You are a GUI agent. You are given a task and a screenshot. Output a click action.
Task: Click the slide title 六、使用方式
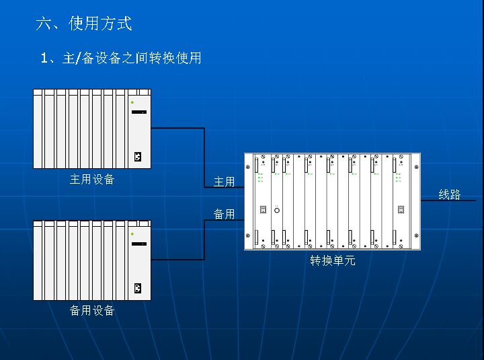point(84,24)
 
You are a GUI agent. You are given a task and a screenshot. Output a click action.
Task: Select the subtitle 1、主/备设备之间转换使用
point(121,58)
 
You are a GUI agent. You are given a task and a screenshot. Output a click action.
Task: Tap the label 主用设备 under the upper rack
point(92,180)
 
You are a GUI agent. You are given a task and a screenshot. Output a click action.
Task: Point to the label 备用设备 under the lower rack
point(92,310)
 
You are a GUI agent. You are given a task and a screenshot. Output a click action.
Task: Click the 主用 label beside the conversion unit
point(224,182)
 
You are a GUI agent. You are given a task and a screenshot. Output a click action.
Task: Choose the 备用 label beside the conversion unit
point(224,214)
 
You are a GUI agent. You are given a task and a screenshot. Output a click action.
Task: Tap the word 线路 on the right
point(450,194)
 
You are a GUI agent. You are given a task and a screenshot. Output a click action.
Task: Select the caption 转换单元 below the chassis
point(332,260)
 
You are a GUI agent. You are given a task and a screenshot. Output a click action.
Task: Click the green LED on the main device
point(132,102)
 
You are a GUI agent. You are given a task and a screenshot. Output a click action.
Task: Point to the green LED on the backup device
point(132,233)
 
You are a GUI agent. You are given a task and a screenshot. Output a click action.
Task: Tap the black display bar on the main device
point(139,112)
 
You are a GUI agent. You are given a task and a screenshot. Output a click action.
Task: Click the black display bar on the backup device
point(139,243)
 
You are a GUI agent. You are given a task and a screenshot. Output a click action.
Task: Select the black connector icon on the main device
point(138,157)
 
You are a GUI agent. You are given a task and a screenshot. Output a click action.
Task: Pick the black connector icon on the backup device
point(138,289)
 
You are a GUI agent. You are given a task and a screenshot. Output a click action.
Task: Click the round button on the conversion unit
point(276,210)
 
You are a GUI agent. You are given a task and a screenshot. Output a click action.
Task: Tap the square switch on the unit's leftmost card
point(263,210)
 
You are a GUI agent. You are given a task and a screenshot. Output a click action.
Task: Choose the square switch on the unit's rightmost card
point(401,210)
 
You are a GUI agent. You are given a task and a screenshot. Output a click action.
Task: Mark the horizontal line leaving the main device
point(177,128)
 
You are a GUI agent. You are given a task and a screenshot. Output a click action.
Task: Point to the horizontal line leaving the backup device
point(177,259)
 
